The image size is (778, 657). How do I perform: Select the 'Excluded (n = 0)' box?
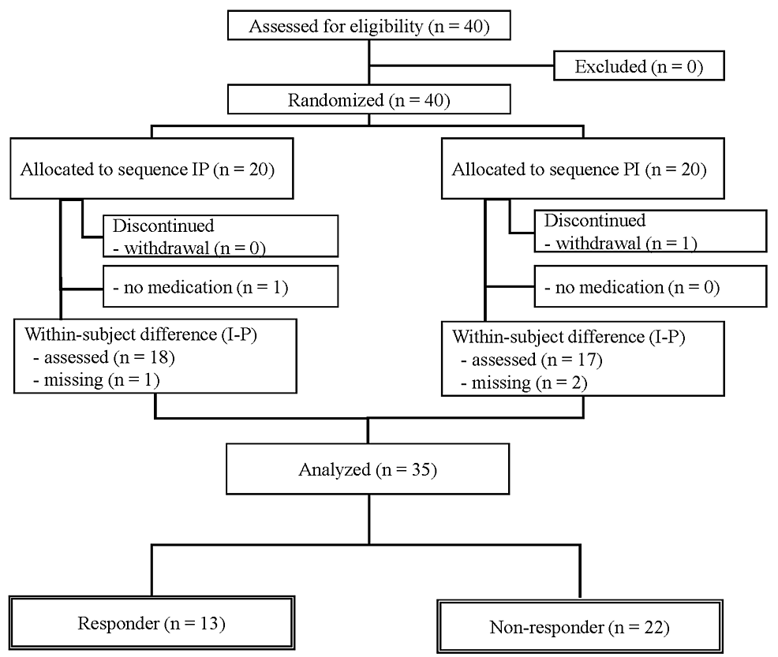point(638,67)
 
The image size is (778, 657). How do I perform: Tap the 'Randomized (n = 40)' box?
point(368,100)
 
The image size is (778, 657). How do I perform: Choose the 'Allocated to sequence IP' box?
point(151,169)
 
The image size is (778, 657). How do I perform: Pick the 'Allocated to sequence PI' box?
point(582,169)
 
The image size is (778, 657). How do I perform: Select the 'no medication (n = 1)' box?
point(221,288)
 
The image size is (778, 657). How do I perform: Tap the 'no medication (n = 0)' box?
point(649,288)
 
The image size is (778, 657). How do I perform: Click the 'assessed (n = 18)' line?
point(104,356)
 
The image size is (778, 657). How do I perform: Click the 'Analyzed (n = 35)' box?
point(368,470)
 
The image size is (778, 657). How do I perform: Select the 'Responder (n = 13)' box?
point(151,623)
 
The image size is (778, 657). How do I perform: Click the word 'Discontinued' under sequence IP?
point(163,226)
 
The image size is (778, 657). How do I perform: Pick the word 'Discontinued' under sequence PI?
point(594,221)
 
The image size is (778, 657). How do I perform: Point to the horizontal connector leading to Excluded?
point(462,66)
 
